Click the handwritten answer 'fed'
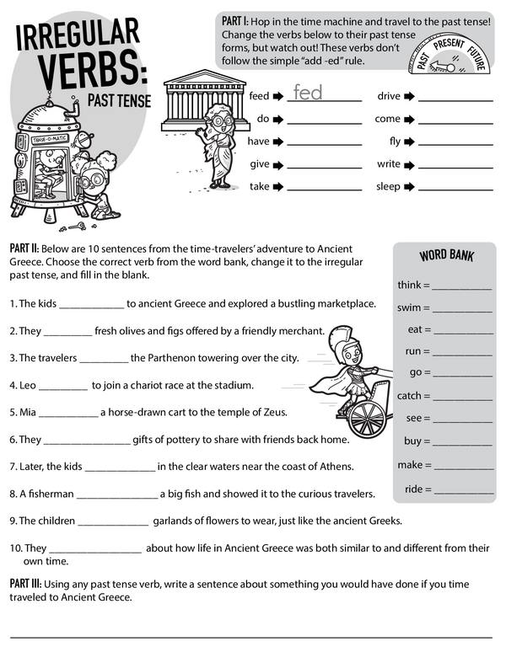[x=308, y=93]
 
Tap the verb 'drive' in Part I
[x=388, y=96]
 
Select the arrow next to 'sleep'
[x=409, y=187]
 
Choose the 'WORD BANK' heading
[x=444, y=256]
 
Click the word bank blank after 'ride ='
[x=463, y=491]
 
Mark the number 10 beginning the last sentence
[x=15, y=548]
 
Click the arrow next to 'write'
[x=409, y=164]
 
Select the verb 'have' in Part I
[x=258, y=142]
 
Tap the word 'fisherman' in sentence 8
[x=46, y=493]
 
